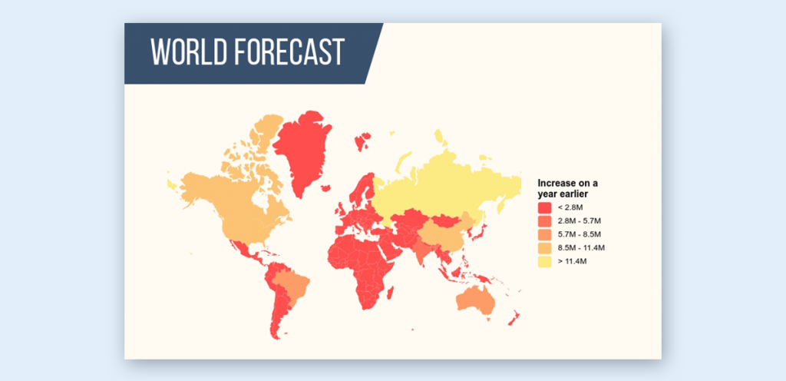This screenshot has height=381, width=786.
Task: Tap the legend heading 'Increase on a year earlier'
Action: coord(567,188)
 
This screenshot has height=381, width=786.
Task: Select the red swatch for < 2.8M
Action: coord(545,207)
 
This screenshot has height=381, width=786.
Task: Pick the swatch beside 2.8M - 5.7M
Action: coord(545,221)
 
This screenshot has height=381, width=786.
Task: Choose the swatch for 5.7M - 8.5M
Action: coord(545,234)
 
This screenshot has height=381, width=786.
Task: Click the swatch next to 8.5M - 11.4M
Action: coord(545,248)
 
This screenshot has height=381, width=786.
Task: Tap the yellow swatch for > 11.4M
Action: coord(545,262)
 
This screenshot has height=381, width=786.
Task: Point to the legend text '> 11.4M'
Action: coord(573,262)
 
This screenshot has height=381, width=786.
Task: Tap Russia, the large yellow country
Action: coord(445,181)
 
